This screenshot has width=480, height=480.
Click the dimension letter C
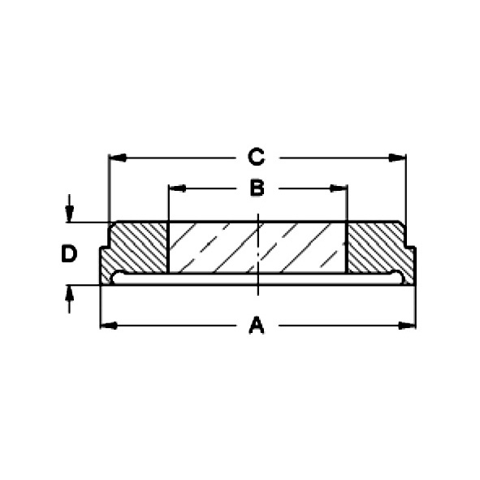(x=256, y=157)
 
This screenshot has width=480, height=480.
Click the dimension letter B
(x=257, y=188)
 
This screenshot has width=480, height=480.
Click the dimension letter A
(x=257, y=325)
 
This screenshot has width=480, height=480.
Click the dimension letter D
(x=69, y=253)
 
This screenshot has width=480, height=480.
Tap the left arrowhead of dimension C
(x=118, y=158)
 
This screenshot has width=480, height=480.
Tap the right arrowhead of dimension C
(x=397, y=158)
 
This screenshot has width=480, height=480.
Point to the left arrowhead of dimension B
(x=178, y=188)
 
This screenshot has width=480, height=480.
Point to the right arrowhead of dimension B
(x=338, y=188)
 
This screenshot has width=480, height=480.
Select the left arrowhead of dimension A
(x=109, y=326)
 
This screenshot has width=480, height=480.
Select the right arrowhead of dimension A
(x=407, y=326)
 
